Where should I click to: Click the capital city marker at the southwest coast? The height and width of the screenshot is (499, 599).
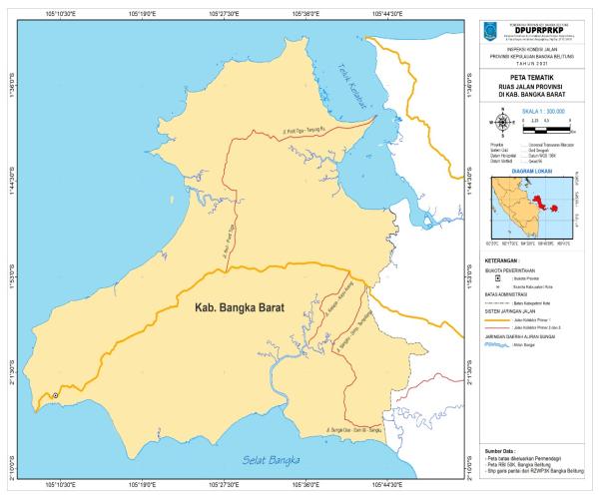tap(56, 396)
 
